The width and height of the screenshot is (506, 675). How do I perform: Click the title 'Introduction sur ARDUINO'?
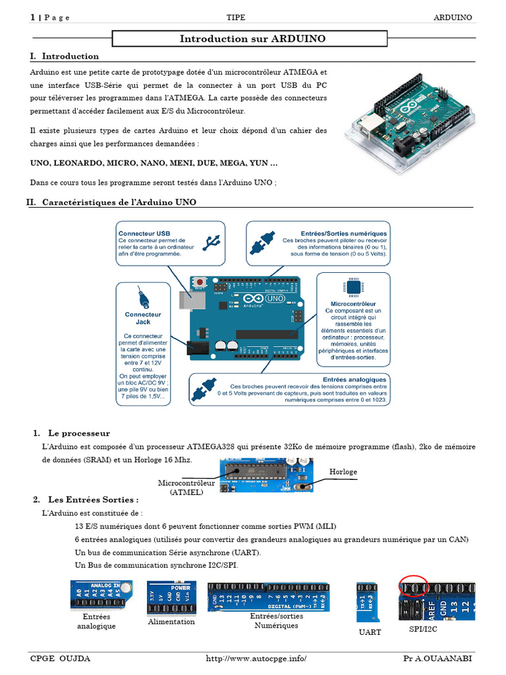click(x=252, y=39)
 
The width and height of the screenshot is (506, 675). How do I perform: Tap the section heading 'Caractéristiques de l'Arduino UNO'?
click(x=119, y=202)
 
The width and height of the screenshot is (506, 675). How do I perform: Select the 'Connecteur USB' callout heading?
click(x=144, y=233)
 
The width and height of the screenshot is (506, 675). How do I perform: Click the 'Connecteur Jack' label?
click(x=143, y=318)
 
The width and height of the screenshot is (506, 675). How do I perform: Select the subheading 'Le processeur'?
click(x=78, y=433)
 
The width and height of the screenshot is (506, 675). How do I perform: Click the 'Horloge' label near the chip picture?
click(x=343, y=472)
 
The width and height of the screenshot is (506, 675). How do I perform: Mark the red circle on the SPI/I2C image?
click(x=414, y=585)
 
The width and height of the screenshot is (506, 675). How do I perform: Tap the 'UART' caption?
click(x=370, y=632)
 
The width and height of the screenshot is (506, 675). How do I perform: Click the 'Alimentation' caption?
click(x=171, y=622)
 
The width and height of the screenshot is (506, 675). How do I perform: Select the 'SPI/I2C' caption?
click(x=423, y=630)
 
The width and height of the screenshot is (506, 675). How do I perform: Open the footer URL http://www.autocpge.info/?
click(x=256, y=659)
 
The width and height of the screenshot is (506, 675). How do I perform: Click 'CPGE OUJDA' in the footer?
click(x=61, y=659)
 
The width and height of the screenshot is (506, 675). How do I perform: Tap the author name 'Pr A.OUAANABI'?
click(x=437, y=659)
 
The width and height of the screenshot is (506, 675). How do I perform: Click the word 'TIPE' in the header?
click(x=236, y=17)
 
